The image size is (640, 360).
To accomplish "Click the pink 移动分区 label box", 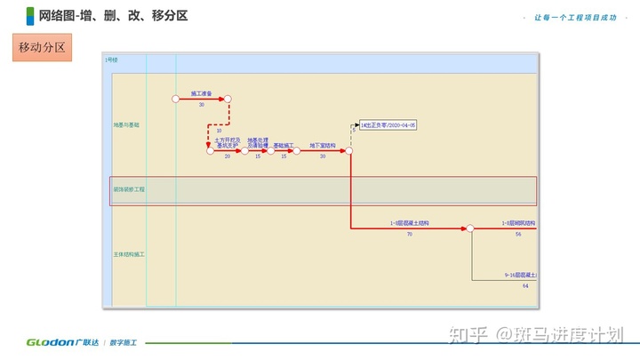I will point(43,47).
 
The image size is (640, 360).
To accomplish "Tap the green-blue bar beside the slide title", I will point(30,15).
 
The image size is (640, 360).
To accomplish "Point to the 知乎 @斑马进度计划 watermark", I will point(541,334).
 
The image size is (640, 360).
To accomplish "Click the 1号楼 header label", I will point(111,60).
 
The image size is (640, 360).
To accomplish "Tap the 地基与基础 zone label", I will point(126,125).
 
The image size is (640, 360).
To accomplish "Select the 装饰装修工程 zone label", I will point(129,190).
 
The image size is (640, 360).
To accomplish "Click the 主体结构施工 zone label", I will point(129,254).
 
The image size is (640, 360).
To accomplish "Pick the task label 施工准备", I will point(201,92).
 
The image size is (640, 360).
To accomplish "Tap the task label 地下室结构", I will point(323,145).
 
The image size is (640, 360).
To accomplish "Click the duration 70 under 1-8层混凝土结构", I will point(409,235).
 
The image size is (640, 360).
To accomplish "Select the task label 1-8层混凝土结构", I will point(409,223).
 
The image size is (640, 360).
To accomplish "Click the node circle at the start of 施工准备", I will point(175,99).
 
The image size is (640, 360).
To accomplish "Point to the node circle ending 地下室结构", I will point(349,151).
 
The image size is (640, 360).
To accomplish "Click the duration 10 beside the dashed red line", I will point(219,131).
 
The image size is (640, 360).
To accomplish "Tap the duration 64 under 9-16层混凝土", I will point(525,285).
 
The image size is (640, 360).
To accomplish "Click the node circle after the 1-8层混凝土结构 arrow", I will point(470,228).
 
